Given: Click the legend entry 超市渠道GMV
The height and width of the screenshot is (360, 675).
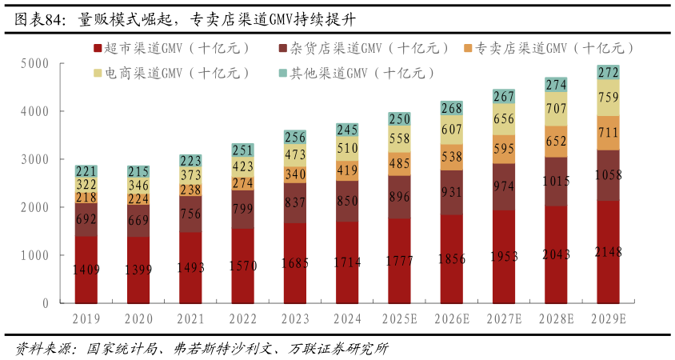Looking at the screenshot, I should (x=172, y=48).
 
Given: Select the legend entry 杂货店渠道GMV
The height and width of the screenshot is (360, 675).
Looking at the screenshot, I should (x=364, y=48).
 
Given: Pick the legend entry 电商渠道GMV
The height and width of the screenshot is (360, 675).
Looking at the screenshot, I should (x=172, y=73).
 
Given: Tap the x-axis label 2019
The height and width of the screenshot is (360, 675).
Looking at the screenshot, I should (x=86, y=318).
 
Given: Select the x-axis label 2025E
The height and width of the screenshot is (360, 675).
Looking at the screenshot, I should (x=399, y=318).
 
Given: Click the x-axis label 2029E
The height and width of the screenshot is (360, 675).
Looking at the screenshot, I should (x=608, y=318).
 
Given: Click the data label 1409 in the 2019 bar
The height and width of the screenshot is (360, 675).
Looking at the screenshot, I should (x=86, y=270).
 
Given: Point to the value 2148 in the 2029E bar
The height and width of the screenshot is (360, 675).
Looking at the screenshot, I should (x=608, y=252).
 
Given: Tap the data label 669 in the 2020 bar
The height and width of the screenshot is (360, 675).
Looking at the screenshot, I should (x=138, y=221).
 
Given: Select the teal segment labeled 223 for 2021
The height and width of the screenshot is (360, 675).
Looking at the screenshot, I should (x=190, y=161).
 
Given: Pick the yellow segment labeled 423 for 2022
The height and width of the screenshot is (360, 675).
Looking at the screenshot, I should (x=243, y=167).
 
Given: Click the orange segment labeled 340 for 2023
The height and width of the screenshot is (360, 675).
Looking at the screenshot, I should (x=295, y=174).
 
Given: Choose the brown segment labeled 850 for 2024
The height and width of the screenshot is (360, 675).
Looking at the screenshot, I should (x=347, y=201).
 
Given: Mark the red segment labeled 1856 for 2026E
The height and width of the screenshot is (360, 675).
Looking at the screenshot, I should (x=452, y=258).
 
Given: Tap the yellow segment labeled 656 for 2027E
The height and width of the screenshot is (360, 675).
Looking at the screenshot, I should (x=504, y=118).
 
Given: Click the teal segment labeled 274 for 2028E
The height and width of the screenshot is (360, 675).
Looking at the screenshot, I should (x=556, y=84).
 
